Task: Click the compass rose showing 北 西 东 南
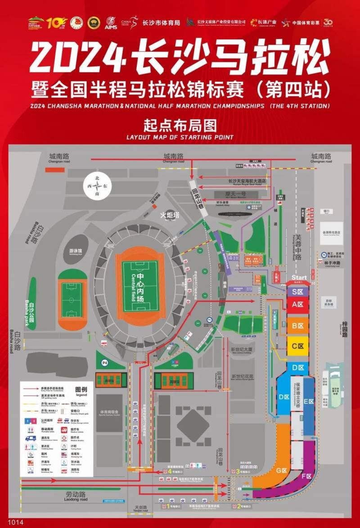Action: (x=98, y=185)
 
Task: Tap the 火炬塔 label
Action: (x=170, y=215)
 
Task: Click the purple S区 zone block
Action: (x=297, y=292)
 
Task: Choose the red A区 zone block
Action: (x=297, y=305)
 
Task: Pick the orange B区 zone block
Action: (x=297, y=325)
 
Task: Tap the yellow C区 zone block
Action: (x=297, y=346)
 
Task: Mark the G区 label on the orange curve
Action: (x=282, y=470)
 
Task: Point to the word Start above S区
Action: (x=299, y=277)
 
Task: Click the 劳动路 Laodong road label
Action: (x=75, y=495)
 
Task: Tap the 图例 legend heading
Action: (x=81, y=389)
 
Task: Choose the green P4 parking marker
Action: (x=105, y=362)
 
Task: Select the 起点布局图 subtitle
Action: (x=180, y=124)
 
